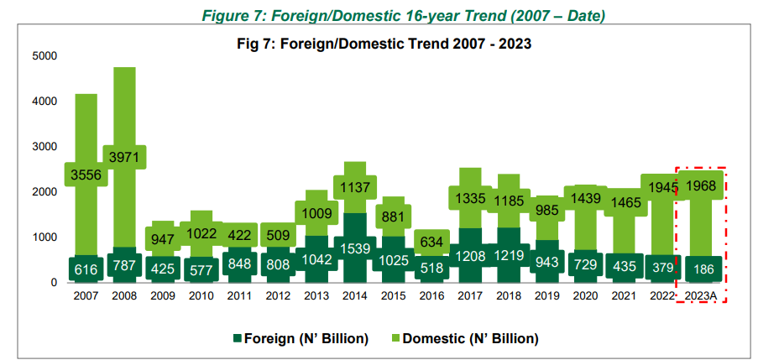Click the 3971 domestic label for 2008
pyautogui.click(x=124, y=157)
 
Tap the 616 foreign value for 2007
pyautogui.click(x=86, y=269)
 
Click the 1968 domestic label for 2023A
pyautogui.click(x=699, y=185)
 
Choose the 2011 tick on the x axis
pyautogui.click(x=239, y=296)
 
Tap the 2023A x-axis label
pyautogui.click(x=700, y=296)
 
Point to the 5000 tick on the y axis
pyautogui.click(x=44, y=56)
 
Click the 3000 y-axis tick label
pyautogui.click(x=44, y=147)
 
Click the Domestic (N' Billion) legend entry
pyautogui.click(x=470, y=338)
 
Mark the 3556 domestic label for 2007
pyautogui.click(x=86, y=175)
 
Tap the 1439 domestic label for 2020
pyautogui.click(x=584, y=198)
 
